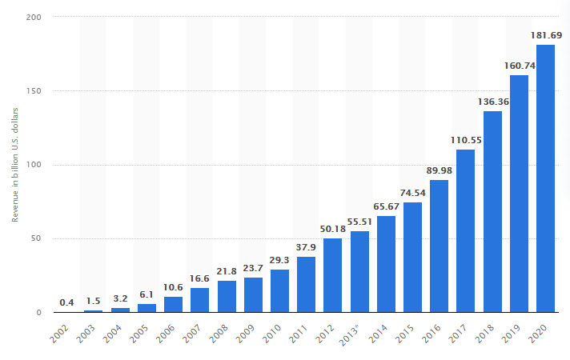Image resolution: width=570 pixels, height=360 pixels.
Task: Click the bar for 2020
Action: pos(545,178)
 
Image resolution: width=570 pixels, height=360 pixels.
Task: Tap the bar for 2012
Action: pos(332,275)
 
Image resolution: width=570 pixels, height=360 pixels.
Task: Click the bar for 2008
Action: pos(227,297)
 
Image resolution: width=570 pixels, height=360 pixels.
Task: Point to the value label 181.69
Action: pos(545,35)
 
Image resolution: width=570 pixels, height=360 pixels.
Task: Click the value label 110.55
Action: pos(465,140)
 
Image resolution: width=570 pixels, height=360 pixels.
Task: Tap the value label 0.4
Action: pos(67,302)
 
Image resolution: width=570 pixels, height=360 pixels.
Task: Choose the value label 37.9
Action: pos(306,247)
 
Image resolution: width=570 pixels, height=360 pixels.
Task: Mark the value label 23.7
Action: pos(253,268)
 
